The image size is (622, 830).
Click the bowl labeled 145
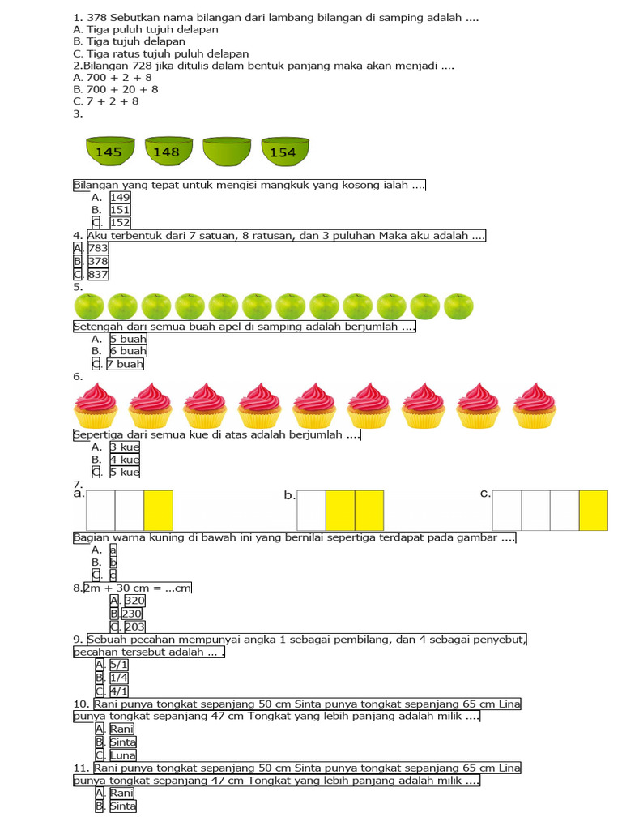110,152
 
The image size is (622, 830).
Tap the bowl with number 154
284,152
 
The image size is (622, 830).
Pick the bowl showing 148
168,152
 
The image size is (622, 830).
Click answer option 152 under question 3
120,222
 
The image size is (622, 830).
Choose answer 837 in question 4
98,275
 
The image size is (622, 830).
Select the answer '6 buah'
128,351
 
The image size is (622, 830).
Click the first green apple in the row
89,306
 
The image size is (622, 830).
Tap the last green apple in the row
458,306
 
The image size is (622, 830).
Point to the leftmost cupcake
96,405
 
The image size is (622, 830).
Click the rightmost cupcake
534,405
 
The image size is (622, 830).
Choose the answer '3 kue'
125,447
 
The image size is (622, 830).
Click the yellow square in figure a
158,511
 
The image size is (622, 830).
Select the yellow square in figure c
593,511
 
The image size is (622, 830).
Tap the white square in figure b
311,511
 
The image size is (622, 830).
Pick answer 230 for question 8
132,614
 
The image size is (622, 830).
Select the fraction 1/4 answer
119,678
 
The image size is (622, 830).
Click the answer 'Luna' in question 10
122,755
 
